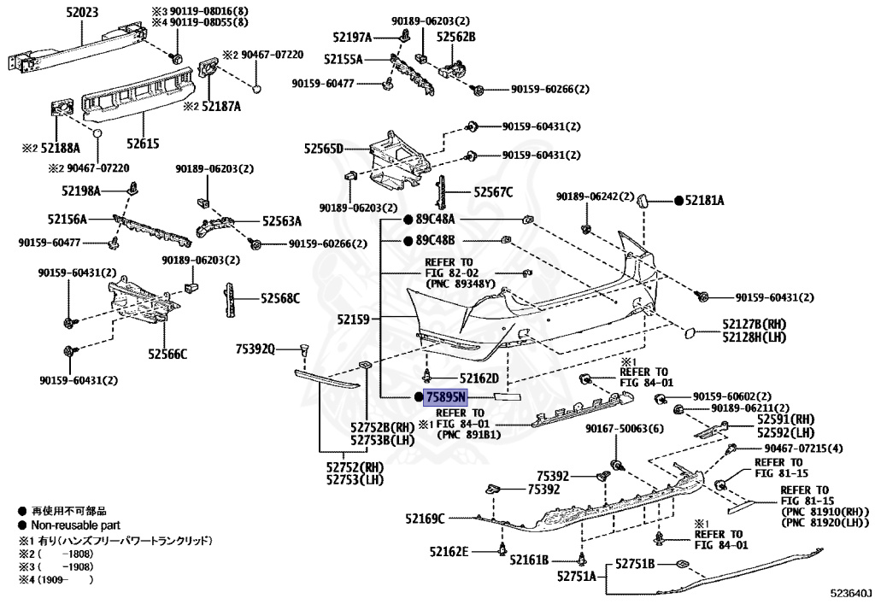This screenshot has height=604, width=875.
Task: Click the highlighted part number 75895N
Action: (x=446, y=397)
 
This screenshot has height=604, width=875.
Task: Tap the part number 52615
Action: (x=144, y=144)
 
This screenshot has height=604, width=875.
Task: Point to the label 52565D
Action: (x=322, y=149)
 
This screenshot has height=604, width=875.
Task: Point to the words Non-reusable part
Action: (x=76, y=525)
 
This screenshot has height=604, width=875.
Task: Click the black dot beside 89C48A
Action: (x=408, y=220)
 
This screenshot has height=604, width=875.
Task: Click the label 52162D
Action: (x=479, y=378)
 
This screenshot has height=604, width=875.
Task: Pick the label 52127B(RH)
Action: (x=753, y=324)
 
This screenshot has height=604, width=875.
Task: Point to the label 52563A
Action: (x=282, y=220)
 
